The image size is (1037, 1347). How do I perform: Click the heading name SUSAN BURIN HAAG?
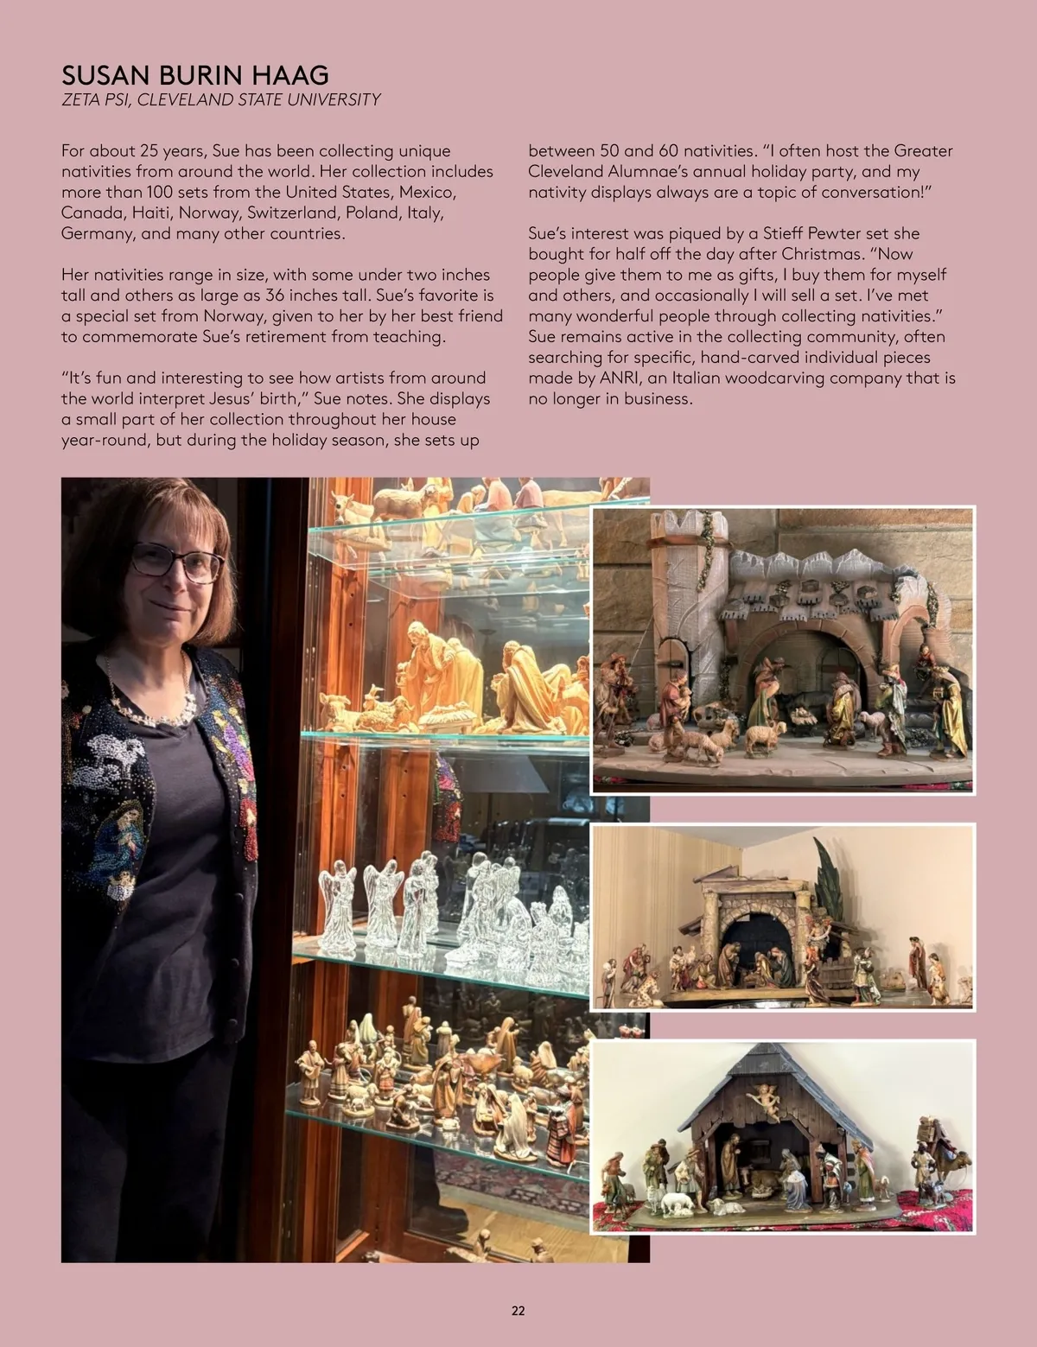coord(195,75)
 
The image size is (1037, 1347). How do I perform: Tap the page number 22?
coord(518,1310)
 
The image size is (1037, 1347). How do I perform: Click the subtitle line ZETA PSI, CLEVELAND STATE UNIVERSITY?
coord(220,100)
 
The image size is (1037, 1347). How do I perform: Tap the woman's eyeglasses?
coord(177,562)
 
